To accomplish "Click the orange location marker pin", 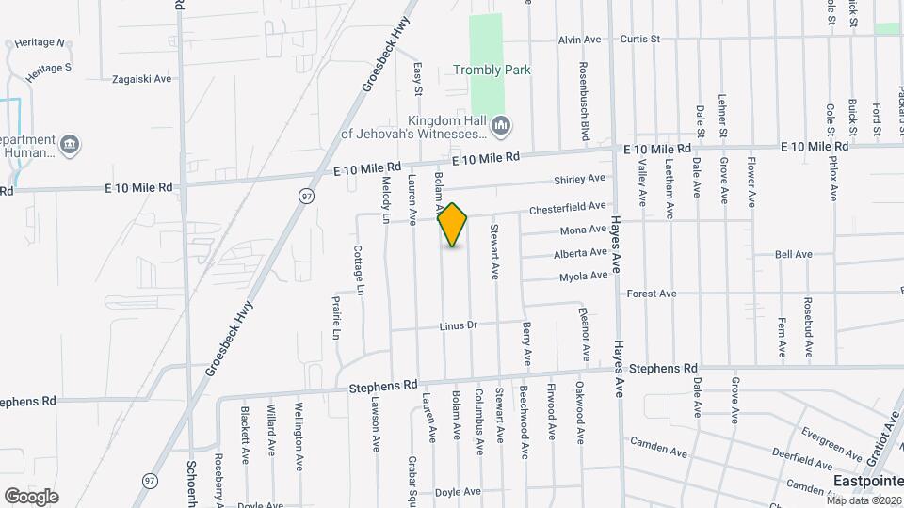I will click(453, 225).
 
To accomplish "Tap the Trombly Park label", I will click(492, 70).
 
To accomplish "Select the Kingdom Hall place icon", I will click(501, 125).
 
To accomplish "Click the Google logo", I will click(31, 496).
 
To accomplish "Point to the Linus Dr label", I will click(459, 325).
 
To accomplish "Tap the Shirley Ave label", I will click(581, 179).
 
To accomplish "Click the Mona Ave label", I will click(582, 230).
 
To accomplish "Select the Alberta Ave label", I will click(580, 253).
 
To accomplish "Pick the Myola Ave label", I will click(583, 277).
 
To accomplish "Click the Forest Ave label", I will click(652, 294).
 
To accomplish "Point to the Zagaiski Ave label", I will click(141, 79).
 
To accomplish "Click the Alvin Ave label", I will click(579, 40).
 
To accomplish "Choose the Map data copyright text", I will click(864, 500).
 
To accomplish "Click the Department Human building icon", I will click(70, 145).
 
